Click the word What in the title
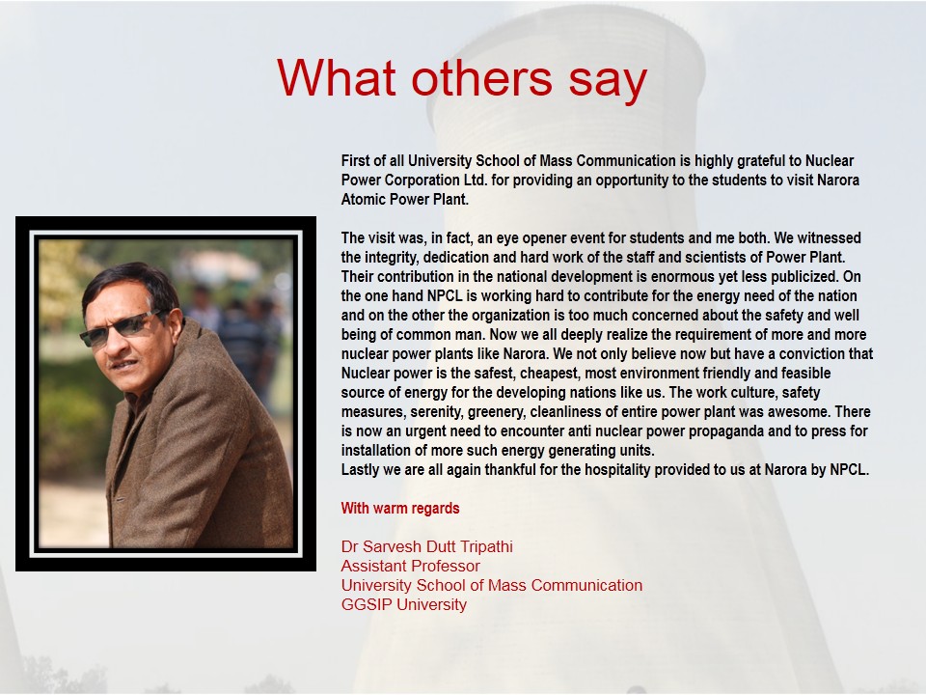(x=336, y=77)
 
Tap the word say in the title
(x=608, y=83)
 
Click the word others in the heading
(x=482, y=77)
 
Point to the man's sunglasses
(x=121, y=328)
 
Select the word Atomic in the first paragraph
(x=362, y=199)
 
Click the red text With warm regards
(x=400, y=509)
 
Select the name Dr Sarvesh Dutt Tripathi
(x=427, y=546)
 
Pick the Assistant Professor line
(x=411, y=567)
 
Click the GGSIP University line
(x=404, y=604)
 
